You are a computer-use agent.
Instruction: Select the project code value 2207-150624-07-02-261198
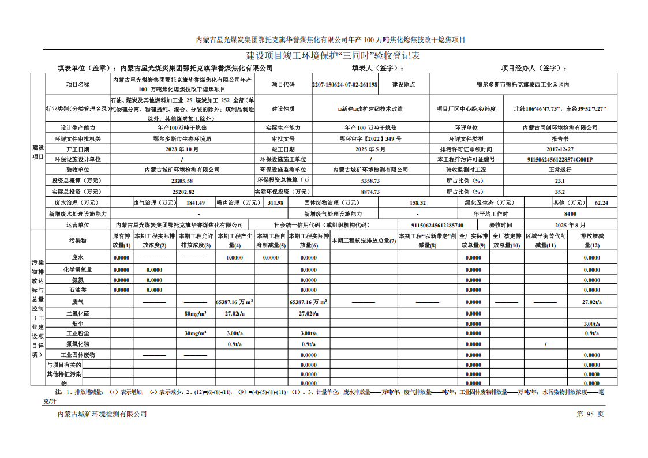point(345,84)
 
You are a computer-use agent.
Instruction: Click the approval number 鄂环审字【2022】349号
point(370,139)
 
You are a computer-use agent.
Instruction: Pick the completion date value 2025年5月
point(370,149)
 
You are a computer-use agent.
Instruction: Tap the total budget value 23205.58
point(182,181)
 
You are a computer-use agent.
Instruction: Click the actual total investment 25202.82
point(183,192)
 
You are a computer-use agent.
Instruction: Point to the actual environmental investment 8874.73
point(370,192)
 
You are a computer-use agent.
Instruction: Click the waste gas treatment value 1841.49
point(195,202)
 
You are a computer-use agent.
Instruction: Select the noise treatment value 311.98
point(275,202)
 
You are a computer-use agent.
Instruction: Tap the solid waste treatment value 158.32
point(417,202)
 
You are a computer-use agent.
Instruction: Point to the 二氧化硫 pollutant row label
point(78,313)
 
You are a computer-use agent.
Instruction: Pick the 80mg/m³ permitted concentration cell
point(195,313)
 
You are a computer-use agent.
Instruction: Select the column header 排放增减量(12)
point(591,241)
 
